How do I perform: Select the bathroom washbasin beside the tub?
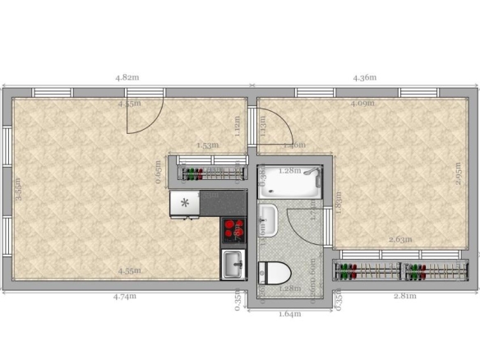[x=267, y=219]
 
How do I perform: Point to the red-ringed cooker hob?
[x=233, y=229]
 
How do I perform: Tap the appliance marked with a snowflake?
[x=185, y=203]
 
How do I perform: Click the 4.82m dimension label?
[x=127, y=77]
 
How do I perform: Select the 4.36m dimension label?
[x=364, y=77]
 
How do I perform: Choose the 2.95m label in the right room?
[x=458, y=175]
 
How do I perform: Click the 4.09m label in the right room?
[x=362, y=104]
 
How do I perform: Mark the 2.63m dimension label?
[x=400, y=240]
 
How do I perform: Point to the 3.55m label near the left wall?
[x=18, y=191]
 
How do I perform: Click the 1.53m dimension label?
[x=207, y=145]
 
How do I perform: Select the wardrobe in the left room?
[x=209, y=173]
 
